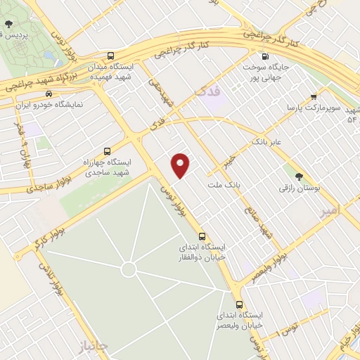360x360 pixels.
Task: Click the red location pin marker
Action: pyautogui.click(x=181, y=164)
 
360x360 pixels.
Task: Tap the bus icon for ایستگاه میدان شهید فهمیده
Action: pyautogui.click(x=110, y=56)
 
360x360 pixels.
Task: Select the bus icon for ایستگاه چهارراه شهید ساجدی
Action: pyautogui.click(x=107, y=151)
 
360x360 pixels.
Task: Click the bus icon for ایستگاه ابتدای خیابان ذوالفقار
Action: pyautogui.click(x=202, y=236)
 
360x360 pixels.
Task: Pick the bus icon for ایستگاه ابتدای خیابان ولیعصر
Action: pyautogui.click(x=240, y=305)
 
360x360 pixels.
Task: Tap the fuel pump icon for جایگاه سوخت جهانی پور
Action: pyautogui.click(x=264, y=57)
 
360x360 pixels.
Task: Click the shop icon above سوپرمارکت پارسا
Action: pyautogui.click(x=314, y=97)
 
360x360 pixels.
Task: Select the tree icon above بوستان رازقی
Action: pyautogui.click(x=300, y=176)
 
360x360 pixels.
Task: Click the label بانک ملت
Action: pyautogui.click(x=224, y=185)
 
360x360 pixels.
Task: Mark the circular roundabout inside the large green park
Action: pyautogui.click(x=128, y=269)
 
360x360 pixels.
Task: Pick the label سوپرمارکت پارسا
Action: pyautogui.click(x=320, y=108)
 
